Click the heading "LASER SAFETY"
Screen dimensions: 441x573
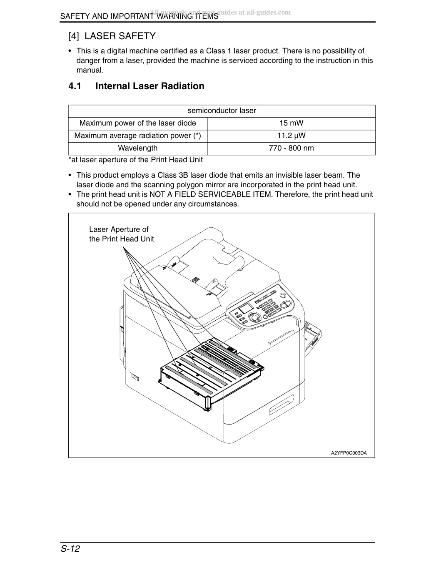120,36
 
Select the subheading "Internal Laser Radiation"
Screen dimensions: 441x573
150,86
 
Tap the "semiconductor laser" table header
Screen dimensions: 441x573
222,111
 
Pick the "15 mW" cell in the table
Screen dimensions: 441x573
291,123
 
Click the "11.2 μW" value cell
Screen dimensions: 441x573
291,136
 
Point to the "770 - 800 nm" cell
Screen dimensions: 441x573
291,148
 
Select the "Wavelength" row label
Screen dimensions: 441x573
138,148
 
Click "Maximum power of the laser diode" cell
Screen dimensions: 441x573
138,123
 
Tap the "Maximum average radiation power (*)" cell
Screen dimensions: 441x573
138,136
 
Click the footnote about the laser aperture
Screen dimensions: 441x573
136,160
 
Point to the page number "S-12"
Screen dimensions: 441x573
70,549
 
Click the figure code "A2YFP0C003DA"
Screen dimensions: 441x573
349,453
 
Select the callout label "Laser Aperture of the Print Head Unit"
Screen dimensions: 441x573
121,234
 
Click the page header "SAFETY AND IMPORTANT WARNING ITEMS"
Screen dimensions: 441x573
139,16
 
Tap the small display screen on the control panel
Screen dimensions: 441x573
245,308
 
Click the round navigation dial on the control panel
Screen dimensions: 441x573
254,317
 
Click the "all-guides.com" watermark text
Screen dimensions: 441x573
268,13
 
